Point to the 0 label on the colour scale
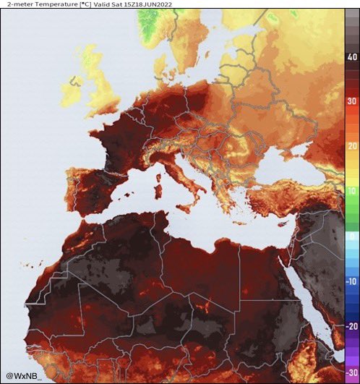[353, 236]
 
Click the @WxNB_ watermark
[25, 375]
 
